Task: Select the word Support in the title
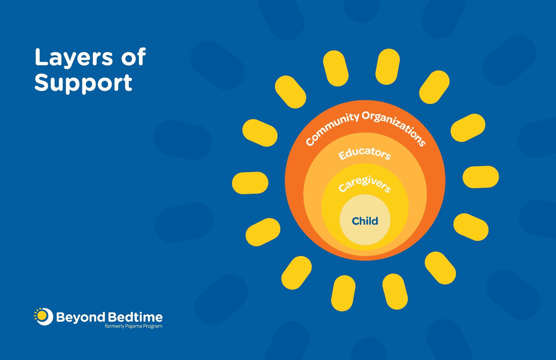pos(83,83)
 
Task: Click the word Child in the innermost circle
pos(365,221)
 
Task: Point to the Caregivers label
pos(365,184)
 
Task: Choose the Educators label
pos(365,153)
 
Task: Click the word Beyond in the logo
pos(81,317)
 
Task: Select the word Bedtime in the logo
pos(135,317)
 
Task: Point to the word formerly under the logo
pos(114,326)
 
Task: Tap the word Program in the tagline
pos(153,326)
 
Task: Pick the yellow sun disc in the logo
pos(42,316)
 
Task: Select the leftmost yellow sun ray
pos(250,183)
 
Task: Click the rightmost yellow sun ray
pos(481,177)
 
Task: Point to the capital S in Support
pos(42,83)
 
